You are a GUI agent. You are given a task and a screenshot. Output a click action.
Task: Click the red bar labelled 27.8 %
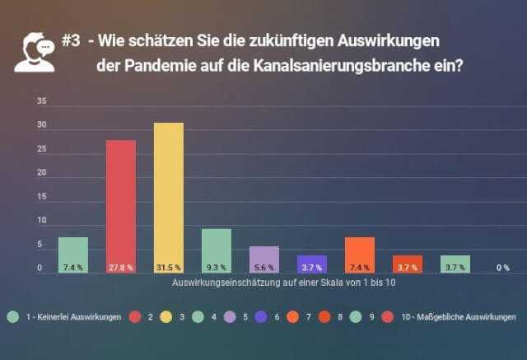click(120, 206)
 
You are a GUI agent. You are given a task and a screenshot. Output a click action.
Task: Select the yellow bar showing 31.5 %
click(168, 198)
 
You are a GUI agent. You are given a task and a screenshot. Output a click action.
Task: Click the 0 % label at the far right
click(502, 268)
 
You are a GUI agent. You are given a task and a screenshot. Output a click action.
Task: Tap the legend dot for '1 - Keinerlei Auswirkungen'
click(12, 316)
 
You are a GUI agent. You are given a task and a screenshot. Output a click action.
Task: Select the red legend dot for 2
click(136, 316)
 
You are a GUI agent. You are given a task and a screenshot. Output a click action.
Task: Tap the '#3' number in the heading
click(71, 42)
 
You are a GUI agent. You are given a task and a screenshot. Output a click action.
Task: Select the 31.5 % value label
click(168, 268)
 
